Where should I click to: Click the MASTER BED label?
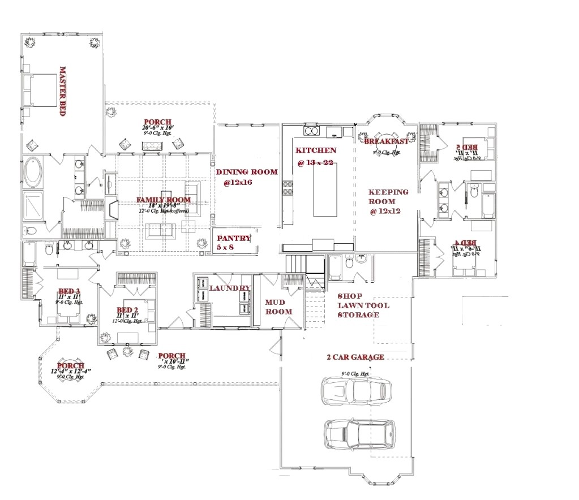click(63, 91)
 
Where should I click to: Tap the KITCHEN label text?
click(315, 150)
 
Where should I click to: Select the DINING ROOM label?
click(247, 172)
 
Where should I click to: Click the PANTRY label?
click(233, 239)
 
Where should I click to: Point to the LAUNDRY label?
click(229, 288)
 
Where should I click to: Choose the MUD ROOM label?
click(278, 307)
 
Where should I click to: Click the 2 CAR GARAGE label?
click(355, 357)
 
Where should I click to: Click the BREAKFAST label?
click(386, 141)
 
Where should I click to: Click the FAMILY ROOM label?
click(163, 200)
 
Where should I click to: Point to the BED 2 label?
click(127, 310)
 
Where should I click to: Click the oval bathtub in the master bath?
click(33, 174)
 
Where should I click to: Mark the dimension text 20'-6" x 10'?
click(157, 128)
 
